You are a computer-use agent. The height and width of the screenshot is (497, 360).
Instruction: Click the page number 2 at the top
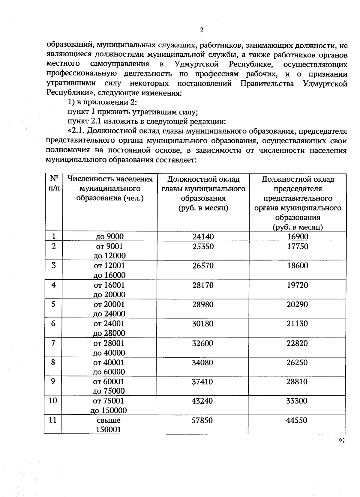click(202, 30)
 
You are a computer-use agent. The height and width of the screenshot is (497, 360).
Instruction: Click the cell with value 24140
click(203, 237)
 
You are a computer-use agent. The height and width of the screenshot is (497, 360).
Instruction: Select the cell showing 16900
click(298, 237)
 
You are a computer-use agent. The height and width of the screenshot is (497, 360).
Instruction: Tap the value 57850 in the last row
click(202, 420)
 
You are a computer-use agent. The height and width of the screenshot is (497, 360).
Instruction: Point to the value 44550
click(297, 420)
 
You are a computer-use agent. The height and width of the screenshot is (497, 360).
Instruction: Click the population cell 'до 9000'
click(109, 237)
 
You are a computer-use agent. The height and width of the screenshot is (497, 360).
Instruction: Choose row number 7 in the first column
click(53, 343)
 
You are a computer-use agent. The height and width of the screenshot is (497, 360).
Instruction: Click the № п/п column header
click(54, 183)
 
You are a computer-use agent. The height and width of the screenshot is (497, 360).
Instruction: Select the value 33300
click(297, 401)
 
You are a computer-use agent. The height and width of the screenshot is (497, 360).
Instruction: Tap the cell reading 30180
click(202, 324)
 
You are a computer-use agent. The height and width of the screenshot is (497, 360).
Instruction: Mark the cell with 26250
click(297, 362)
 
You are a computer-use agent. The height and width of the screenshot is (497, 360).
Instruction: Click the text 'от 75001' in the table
click(109, 401)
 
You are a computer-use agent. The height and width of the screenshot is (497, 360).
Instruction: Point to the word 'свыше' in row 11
click(109, 420)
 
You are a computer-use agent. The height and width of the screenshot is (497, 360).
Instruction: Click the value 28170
click(203, 285)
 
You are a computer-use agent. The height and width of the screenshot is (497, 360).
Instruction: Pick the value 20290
click(297, 304)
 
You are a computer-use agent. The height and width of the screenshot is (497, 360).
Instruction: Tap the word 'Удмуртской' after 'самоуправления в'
click(196, 64)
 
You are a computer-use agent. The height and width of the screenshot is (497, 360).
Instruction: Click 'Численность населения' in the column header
click(110, 179)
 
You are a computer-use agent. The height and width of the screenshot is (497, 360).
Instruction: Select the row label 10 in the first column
click(53, 400)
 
